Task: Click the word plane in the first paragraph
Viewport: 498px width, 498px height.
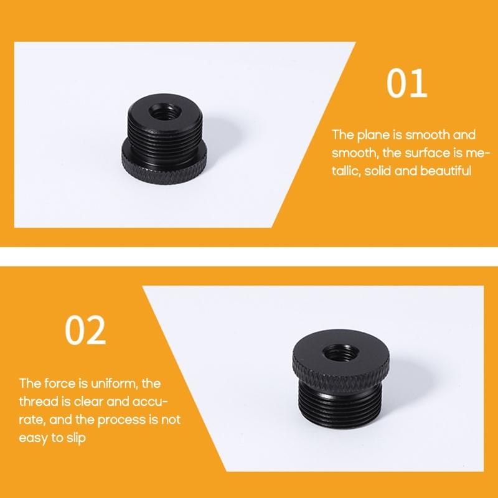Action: click(x=370, y=134)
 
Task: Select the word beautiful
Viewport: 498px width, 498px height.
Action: click(x=444, y=170)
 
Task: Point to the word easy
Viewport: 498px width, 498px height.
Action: click(x=32, y=439)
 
